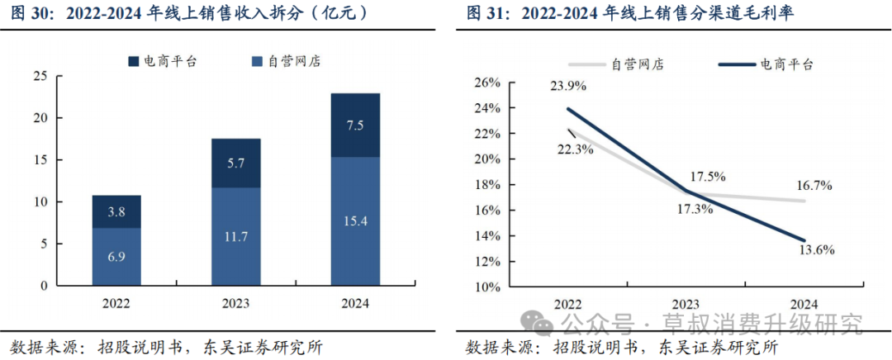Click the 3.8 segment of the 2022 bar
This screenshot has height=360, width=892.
pos(116,212)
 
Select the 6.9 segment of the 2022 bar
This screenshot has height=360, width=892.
pos(116,257)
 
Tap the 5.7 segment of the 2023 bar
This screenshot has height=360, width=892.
pos(236,163)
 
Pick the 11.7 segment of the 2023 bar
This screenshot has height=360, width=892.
pos(236,237)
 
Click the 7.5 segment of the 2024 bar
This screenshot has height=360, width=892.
pos(355,126)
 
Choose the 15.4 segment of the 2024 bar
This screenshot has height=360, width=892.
pos(355,221)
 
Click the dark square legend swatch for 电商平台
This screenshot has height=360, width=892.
pos(134,61)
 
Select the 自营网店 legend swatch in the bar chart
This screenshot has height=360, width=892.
pos(257,61)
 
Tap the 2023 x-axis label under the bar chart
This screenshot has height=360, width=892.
pos(236,303)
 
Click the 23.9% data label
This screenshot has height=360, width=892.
pos(567,87)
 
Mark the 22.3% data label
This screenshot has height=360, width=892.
pos(575,149)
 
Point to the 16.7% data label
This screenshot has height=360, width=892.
pos(814,186)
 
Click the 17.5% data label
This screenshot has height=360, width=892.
pos(707,177)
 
